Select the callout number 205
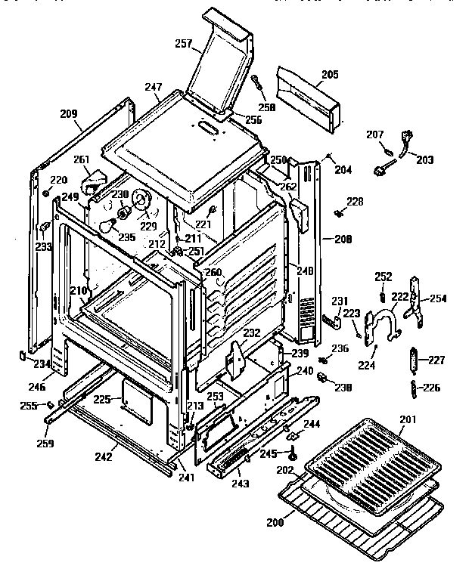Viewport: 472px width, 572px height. (329, 75)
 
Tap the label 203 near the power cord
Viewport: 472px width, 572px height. (424, 160)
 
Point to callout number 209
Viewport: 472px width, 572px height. (69, 114)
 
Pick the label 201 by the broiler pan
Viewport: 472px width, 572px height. (408, 421)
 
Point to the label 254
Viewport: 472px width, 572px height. (439, 298)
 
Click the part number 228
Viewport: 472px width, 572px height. (355, 202)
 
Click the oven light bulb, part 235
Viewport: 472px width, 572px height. (110, 224)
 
